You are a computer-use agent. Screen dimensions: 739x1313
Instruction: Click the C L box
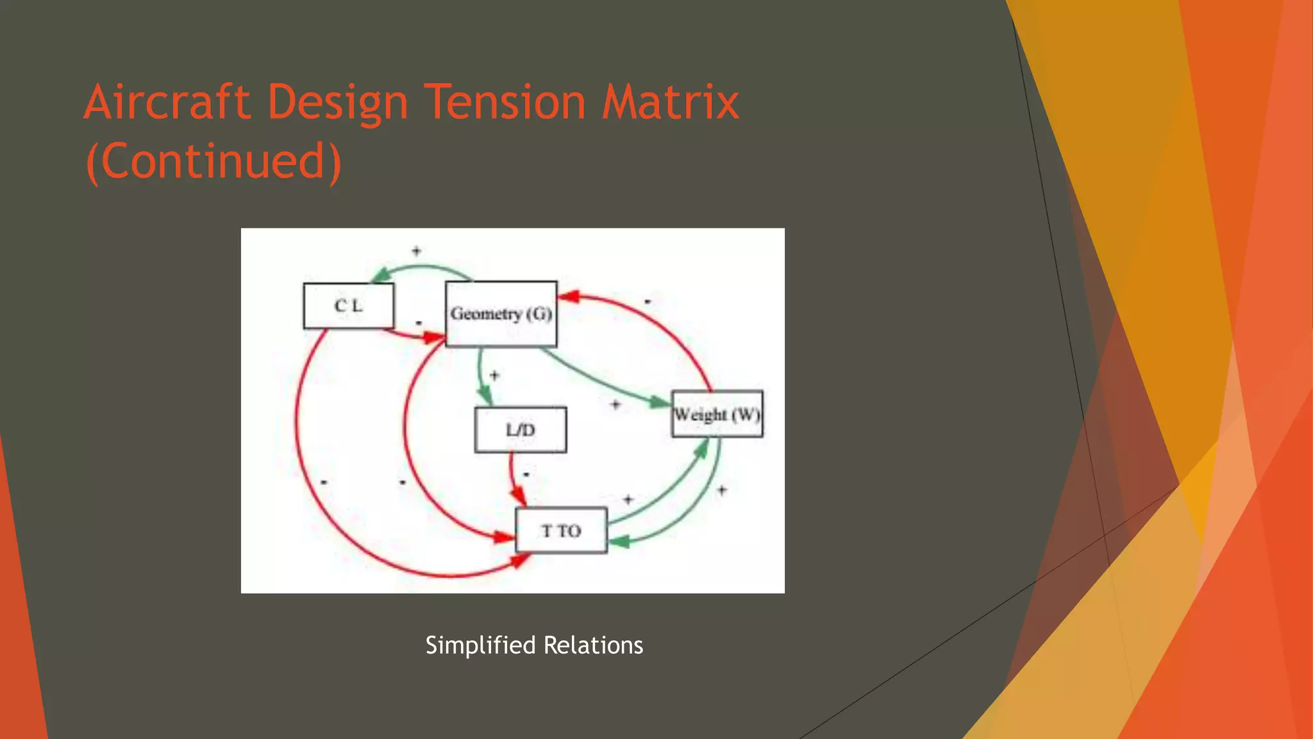point(348,306)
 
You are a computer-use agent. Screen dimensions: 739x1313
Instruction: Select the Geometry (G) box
point(501,314)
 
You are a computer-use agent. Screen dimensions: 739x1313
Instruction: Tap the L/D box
point(520,430)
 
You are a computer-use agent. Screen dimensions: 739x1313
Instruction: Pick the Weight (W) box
point(717,414)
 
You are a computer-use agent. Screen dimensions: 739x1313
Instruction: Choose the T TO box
point(561,531)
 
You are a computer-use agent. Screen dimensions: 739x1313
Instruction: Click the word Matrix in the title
point(670,102)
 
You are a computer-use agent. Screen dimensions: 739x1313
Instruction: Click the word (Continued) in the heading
point(213,161)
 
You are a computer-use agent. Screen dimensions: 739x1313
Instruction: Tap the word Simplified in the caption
point(480,645)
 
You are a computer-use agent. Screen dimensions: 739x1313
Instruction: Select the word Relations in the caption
point(593,645)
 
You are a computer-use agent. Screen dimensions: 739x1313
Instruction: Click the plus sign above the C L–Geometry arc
point(416,251)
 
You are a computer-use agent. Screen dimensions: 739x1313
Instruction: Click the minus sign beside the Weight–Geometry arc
point(648,302)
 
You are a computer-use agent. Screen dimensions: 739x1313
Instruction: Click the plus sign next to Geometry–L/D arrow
point(494,375)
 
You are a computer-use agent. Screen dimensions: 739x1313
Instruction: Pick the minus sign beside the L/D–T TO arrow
point(526,475)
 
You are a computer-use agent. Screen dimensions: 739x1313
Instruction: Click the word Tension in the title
point(505,102)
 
